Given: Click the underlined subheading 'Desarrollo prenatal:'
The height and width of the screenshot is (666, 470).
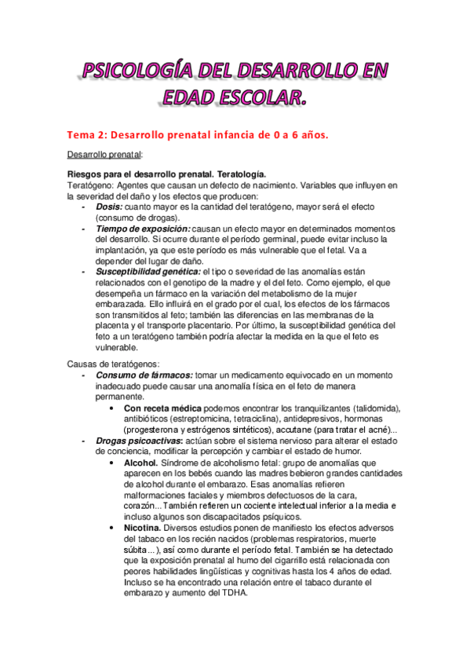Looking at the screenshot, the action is pyautogui.click(x=104, y=155).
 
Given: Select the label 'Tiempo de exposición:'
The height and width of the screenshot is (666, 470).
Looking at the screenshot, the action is pyautogui.click(x=143, y=228).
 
